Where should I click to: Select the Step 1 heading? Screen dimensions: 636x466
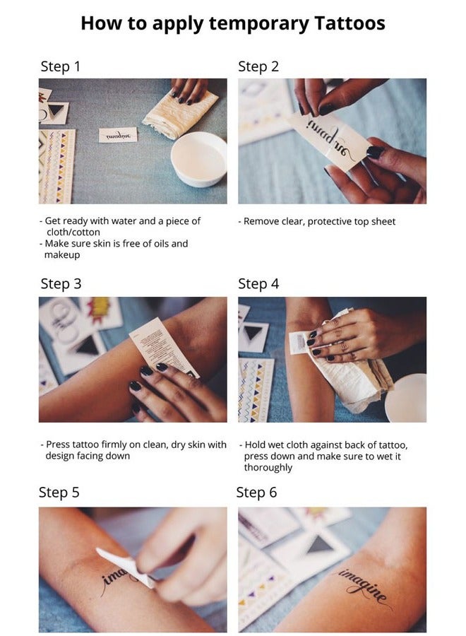[x=60, y=66]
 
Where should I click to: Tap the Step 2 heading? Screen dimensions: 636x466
[x=258, y=66]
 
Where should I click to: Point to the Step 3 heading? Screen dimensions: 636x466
[x=61, y=283]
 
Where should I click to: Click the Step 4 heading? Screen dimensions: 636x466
[x=258, y=283]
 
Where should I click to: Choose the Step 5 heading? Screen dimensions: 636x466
[x=59, y=492]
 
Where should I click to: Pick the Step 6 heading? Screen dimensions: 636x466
[x=256, y=492]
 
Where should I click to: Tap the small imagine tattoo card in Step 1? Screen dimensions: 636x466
[x=117, y=135]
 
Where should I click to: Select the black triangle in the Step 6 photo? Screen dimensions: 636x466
[x=320, y=545]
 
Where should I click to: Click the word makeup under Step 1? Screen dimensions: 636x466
[x=68, y=254]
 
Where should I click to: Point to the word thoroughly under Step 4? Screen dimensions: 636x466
[x=268, y=467]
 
